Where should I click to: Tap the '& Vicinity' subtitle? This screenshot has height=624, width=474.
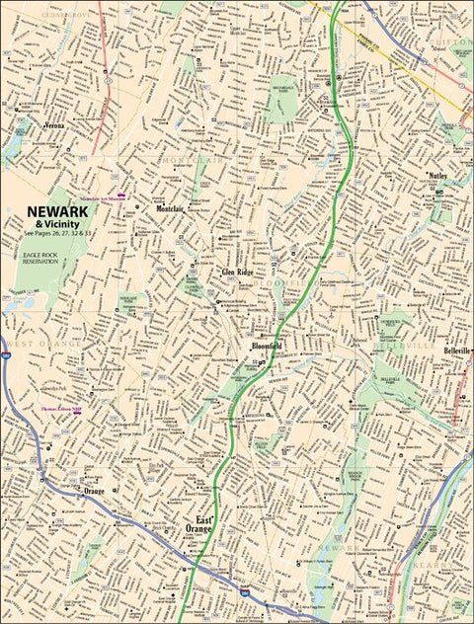[x=57, y=224]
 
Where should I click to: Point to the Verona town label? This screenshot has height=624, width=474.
[x=57, y=126]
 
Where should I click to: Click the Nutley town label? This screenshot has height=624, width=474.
[x=438, y=176]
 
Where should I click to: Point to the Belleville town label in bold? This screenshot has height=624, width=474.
[x=457, y=351]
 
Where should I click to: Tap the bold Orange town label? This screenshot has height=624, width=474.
[x=94, y=491]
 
